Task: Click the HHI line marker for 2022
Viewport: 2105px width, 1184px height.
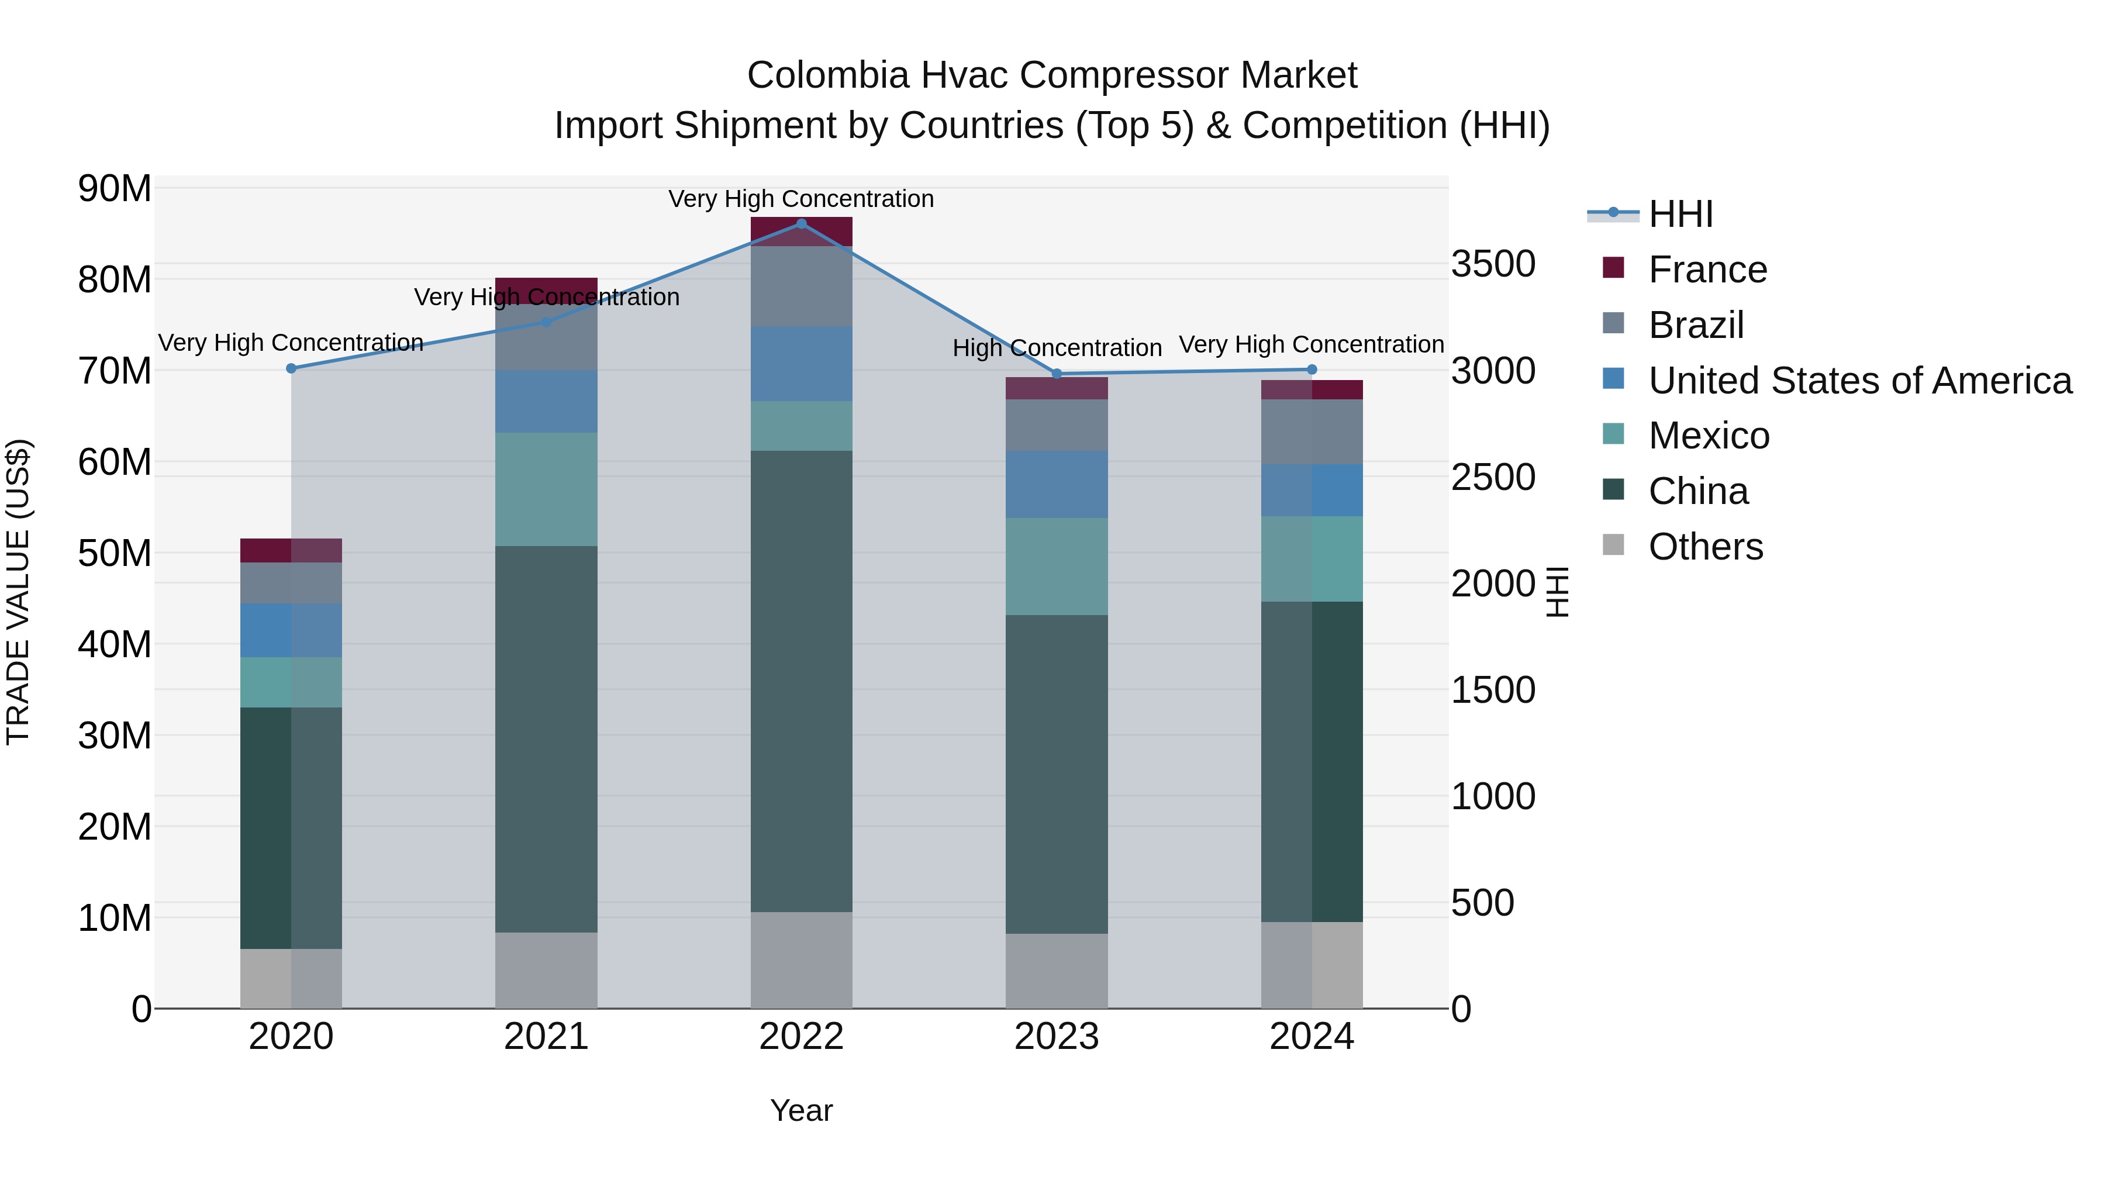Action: [801, 224]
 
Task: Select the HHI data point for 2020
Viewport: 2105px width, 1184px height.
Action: [291, 368]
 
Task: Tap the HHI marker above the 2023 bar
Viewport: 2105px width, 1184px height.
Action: [1057, 374]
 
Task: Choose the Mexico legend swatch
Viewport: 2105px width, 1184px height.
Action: [1613, 434]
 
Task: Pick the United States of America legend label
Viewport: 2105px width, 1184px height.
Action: [1860, 381]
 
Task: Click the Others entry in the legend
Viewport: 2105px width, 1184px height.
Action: [1706, 547]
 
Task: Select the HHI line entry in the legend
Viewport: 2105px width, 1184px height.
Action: [1680, 214]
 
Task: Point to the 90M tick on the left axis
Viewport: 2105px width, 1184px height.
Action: [115, 189]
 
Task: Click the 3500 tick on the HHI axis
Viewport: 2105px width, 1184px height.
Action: [1493, 264]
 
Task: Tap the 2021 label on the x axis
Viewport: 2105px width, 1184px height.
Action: [546, 1037]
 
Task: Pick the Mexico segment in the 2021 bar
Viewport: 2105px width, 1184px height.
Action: [546, 489]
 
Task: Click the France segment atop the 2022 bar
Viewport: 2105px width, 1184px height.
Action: [801, 231]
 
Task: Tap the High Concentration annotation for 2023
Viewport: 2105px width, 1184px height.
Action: [1057, 348]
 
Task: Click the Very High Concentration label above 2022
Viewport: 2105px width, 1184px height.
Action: [801, 199]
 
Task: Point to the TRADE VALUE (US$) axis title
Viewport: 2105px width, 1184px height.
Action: [18, 592]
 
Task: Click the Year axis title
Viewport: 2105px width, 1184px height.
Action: [801, 1110]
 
